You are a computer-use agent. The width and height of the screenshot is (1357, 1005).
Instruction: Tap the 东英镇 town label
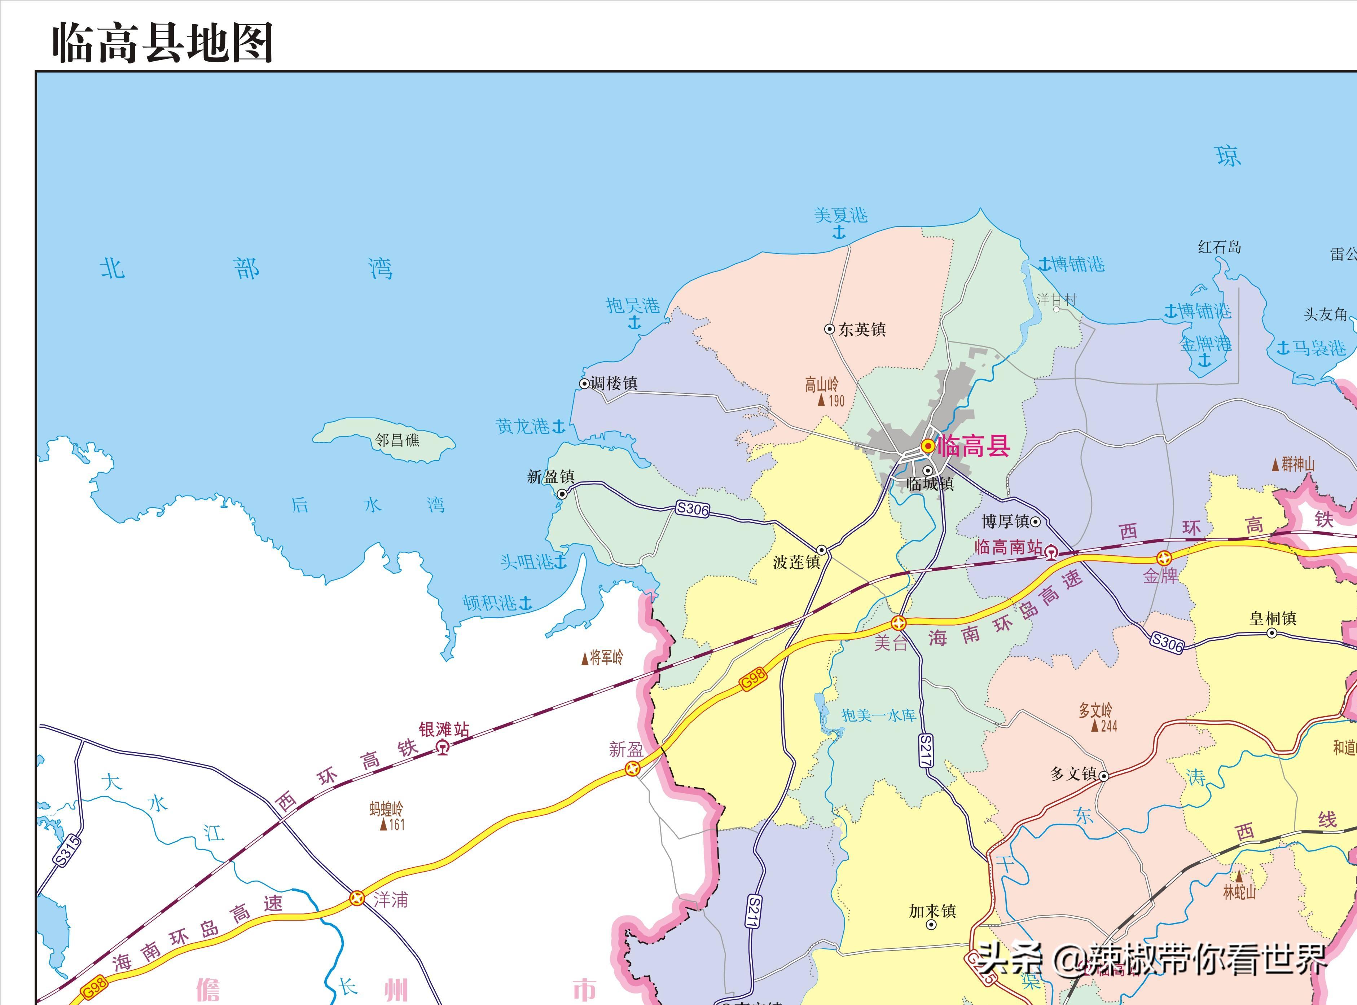coord(862,330)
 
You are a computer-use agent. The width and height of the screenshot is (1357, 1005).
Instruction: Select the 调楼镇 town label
coord(613,383)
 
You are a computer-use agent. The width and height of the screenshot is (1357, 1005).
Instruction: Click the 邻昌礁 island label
coord(397,440)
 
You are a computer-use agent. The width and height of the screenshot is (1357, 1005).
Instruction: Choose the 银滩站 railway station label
coord(444,729)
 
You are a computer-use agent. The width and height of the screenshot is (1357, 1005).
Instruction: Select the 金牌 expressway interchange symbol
coord(1164,558)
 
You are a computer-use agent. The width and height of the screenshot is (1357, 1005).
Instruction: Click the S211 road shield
coord(753,911)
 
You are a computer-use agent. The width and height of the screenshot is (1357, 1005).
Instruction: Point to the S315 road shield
coord(67,850)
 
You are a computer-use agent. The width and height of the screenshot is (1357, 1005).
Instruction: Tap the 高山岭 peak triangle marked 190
coord(821,400)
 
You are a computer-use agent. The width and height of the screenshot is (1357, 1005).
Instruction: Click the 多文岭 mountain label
coord(1095,710)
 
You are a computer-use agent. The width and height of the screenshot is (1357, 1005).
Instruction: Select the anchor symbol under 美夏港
coord(839,232)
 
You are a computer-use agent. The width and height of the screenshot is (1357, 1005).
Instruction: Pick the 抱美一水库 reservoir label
coord(878,715)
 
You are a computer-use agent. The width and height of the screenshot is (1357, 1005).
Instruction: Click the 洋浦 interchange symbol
coord(357,898)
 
